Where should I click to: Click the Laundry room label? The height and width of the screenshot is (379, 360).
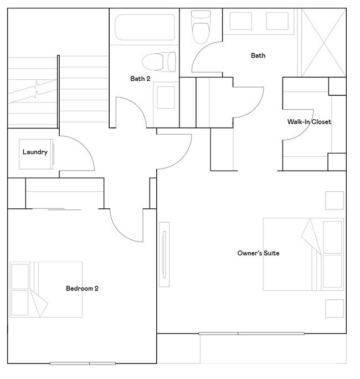(34, 152)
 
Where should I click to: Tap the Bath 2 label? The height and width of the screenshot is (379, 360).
(140, 79)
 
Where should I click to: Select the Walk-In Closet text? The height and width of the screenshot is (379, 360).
(308, 121)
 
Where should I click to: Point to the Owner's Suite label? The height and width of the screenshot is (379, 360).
(258, 253)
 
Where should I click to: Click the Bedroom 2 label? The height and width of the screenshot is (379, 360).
(82, 288)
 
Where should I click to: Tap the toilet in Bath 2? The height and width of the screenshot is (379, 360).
(158, 60)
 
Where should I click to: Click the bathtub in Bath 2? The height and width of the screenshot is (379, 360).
(145, 27)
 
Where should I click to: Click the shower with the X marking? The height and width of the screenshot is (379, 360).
(323, 42)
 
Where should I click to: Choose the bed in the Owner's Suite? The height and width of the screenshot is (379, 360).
(302, 254)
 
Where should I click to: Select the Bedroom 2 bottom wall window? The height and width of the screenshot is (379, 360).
(83, 363)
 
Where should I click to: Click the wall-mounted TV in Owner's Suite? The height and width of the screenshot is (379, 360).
(164, 254)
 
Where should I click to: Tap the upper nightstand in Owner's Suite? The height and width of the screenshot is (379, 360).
(334, 200)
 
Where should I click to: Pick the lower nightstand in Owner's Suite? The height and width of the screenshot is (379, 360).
(334, 308)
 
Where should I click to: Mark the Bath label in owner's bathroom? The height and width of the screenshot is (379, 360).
(258, 55)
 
